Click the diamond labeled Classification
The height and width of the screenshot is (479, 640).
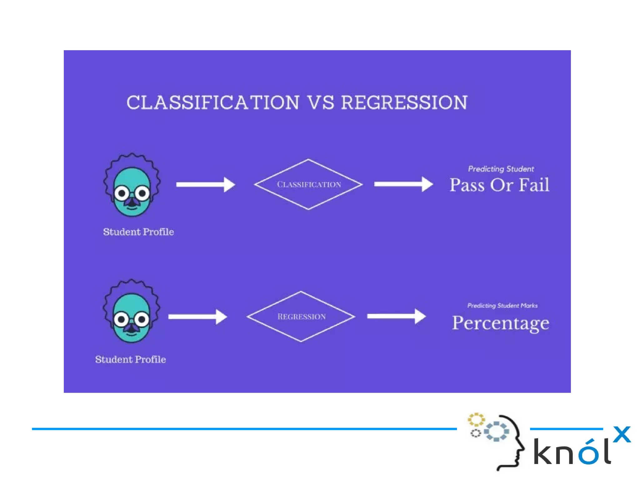point(308,184)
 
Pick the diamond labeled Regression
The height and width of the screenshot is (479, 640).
point(301,316)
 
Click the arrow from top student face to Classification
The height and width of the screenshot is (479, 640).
point(205,184)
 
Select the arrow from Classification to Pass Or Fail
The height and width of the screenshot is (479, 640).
point(403,184)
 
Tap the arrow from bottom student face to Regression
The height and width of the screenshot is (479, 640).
point(197,317)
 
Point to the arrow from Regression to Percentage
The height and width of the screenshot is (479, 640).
point(396,316)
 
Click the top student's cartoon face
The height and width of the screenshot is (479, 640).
point(132,186)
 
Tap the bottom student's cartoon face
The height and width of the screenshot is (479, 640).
point(131,312)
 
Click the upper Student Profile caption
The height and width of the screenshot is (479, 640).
point(138,232)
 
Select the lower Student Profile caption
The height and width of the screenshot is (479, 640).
point(131,359)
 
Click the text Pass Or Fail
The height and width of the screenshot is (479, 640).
point(499,185)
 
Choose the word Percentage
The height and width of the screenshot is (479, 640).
point(500,323)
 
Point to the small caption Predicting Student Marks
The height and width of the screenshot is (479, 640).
point(502,305)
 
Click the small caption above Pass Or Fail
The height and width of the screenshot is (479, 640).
point(501,169)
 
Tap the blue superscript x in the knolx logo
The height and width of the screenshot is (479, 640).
point(622,434)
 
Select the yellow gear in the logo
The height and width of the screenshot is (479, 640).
point(476,420)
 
